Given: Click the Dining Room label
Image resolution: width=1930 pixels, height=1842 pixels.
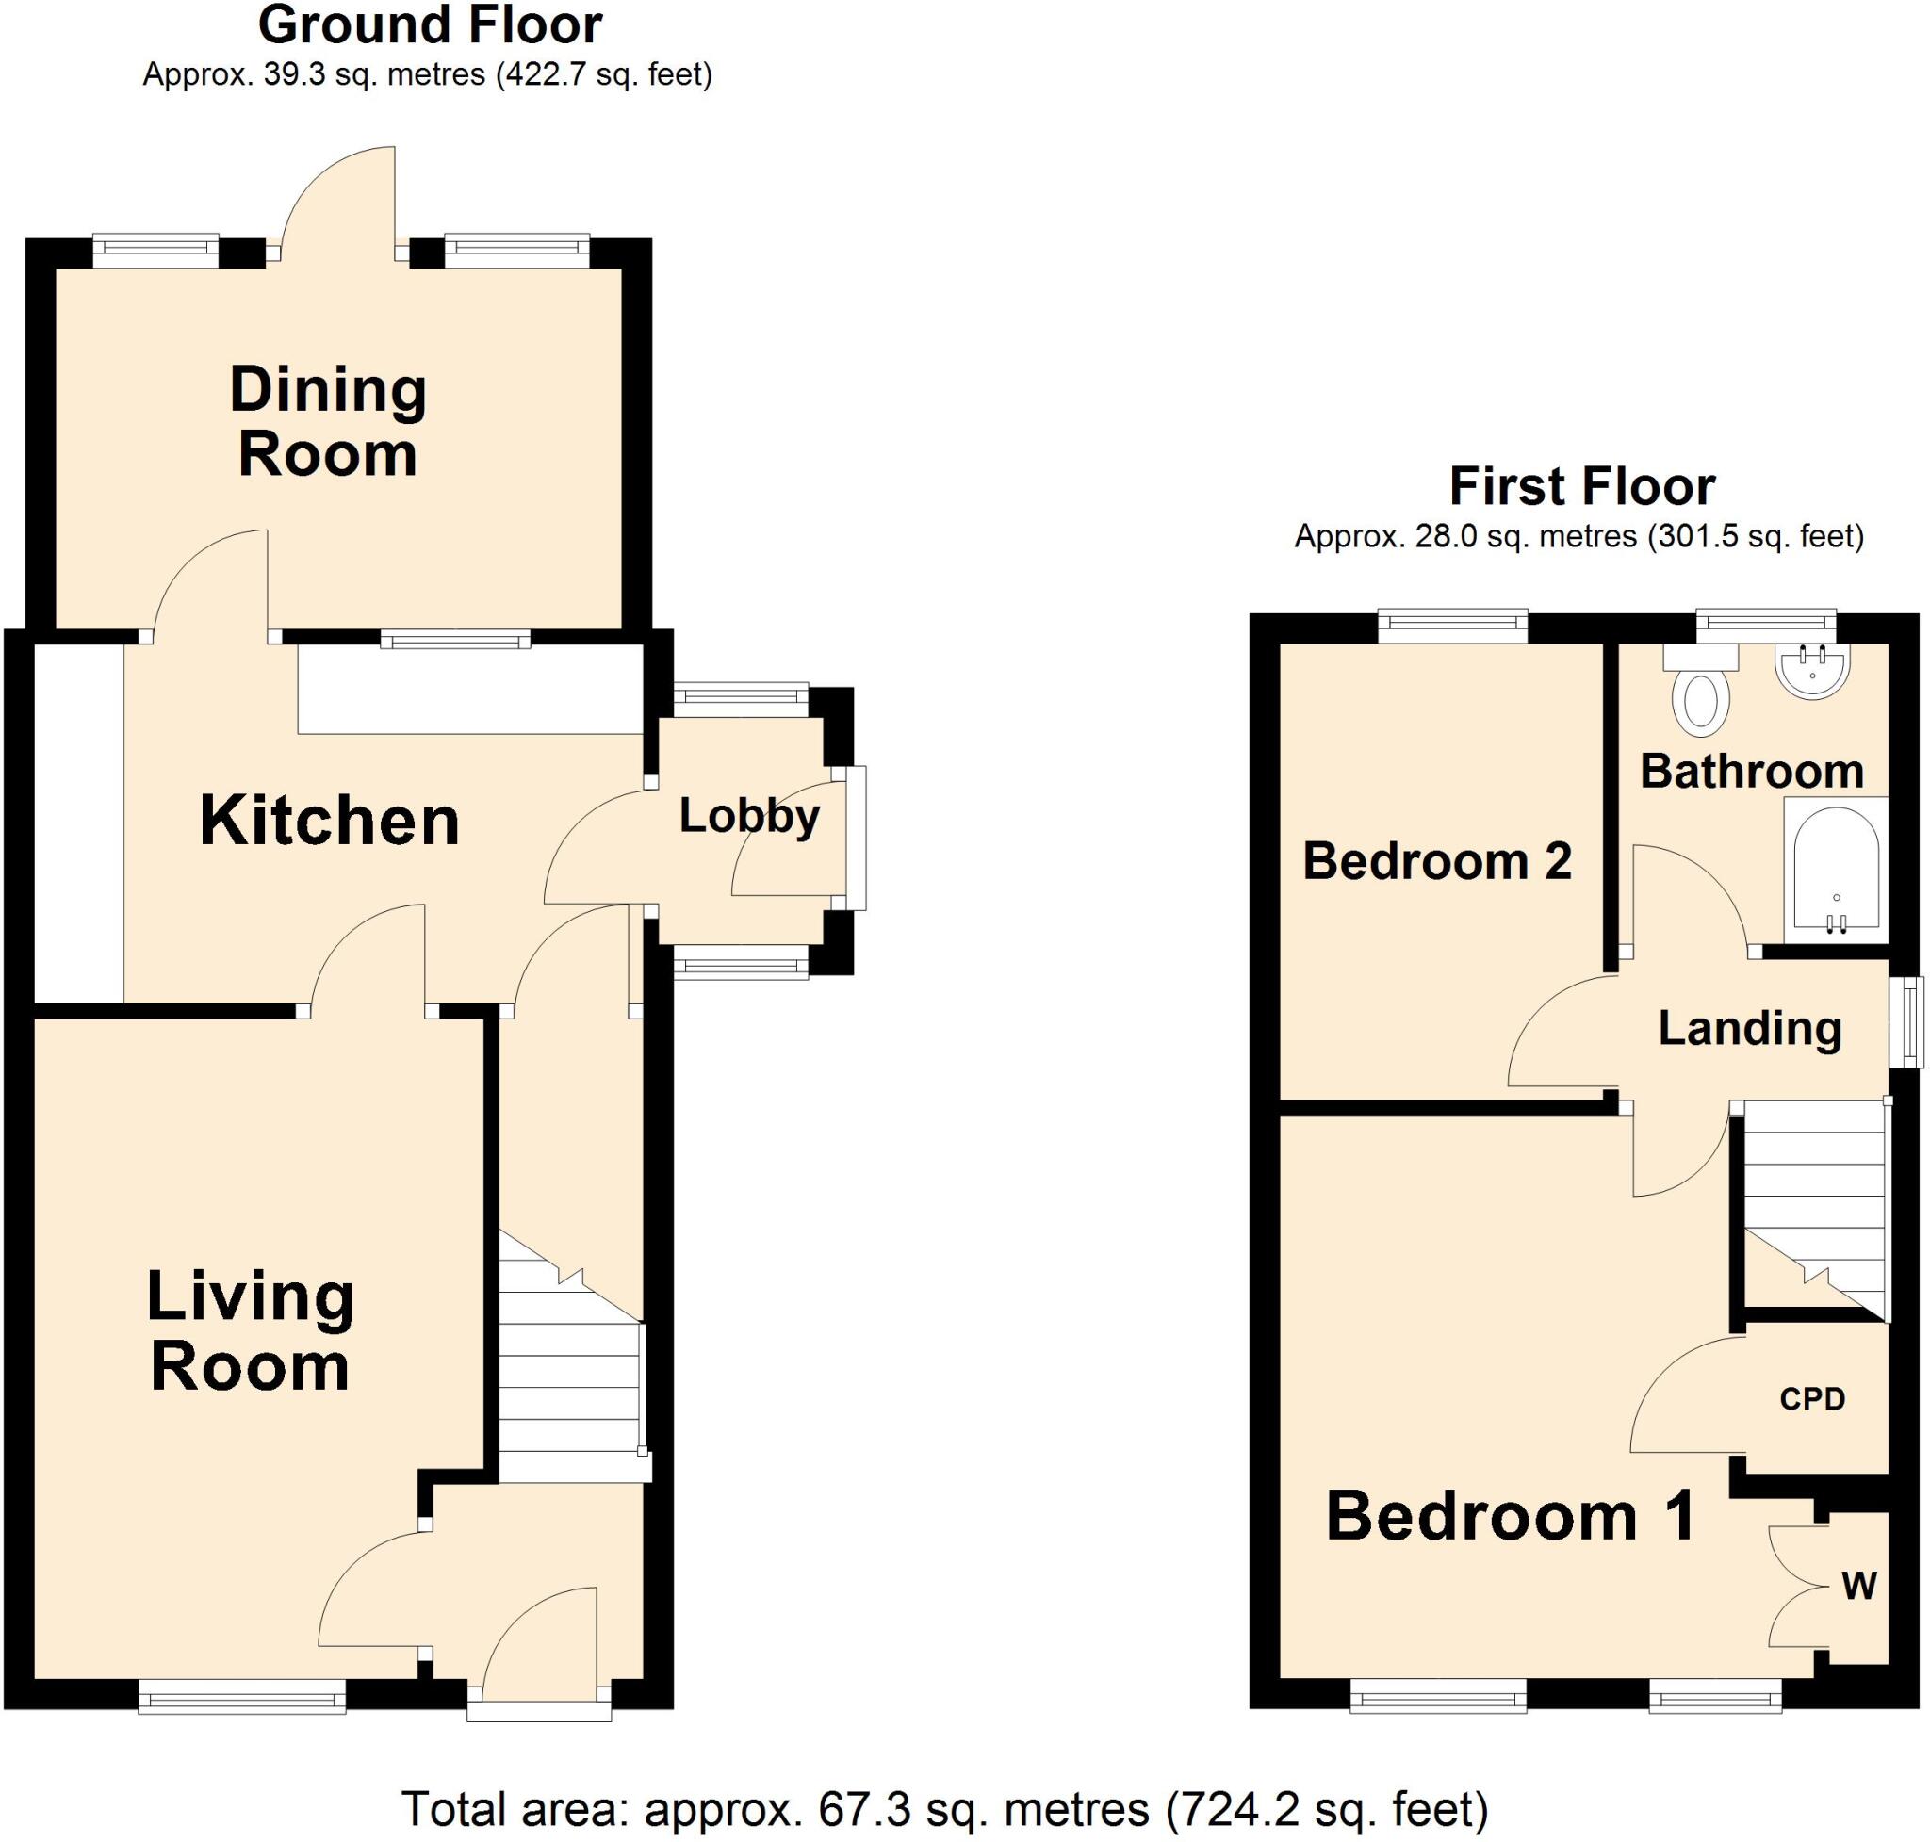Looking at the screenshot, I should pyautogui.click(x=328, y=422).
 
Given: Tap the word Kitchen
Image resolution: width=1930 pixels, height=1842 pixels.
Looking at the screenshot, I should pyautogui.click(x=329, y=821).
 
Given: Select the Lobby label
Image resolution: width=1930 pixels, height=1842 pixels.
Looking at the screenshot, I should pyautogui.click(x=748, y=817).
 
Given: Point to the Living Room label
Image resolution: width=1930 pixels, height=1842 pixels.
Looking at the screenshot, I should pyautogui.click(x=250, y=1330).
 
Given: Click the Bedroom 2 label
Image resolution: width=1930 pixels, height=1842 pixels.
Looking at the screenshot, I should pyautogui.click(x=1437, y=861).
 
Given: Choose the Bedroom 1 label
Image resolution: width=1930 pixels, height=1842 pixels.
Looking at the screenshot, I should pyautogui.click(x=1511, y=1516).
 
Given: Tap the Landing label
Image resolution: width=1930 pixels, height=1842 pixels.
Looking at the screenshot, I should pyautogui.click(x=1749, y=1029).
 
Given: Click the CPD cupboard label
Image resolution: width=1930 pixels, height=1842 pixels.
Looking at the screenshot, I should pyautogui.click(x=1812, y=1399).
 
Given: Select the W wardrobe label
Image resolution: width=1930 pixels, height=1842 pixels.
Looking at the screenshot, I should pyautogui.click(x=1859, y=1586).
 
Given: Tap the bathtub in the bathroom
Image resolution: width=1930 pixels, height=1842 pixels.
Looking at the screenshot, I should pyautogui.click(x=1836, y=870).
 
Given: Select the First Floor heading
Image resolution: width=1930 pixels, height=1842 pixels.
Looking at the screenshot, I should pyautogui.click(x=1581, y=487).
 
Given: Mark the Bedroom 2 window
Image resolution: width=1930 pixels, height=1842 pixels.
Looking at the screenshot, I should pyautogui.click(x=1452, y=626).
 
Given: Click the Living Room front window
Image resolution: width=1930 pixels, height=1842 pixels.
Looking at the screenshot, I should pyautogui.click(x=241, y=1697).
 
